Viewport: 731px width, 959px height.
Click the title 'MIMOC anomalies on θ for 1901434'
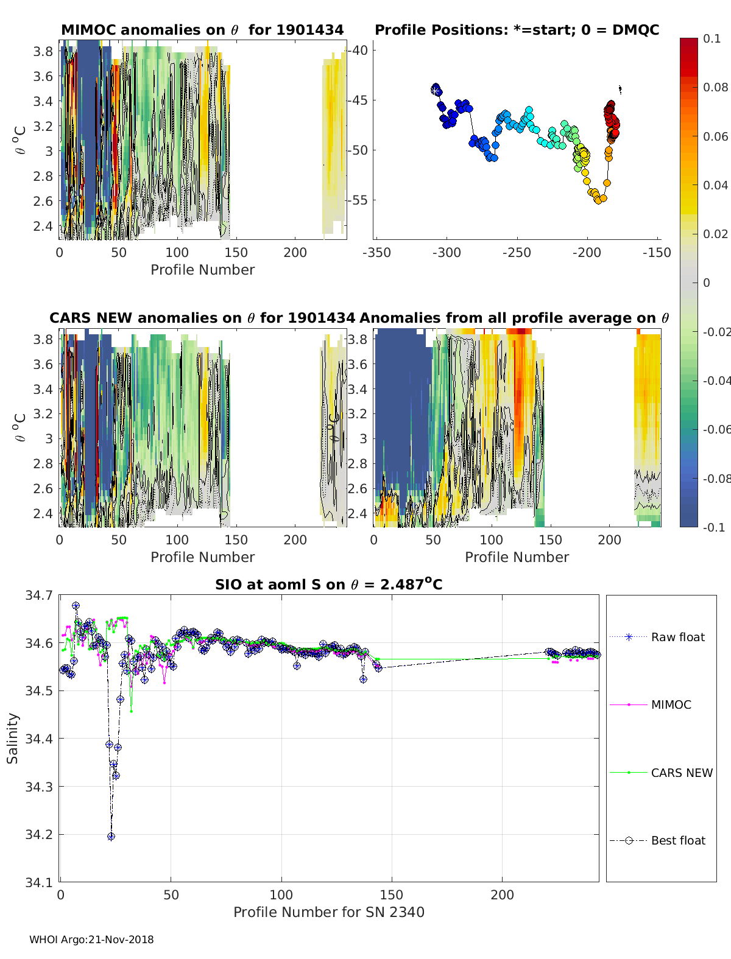click(202, 30)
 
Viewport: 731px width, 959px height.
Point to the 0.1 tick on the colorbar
click(712, 38)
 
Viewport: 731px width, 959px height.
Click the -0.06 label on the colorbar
click(715, 429)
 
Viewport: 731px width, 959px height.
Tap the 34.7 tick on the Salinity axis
click(39, 595)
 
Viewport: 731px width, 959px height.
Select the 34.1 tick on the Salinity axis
click(39, 882)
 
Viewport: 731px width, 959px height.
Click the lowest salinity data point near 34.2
click(111, 837)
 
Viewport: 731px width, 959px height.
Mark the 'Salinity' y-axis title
click(13, 738)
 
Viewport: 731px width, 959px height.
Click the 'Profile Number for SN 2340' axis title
click(329, 912)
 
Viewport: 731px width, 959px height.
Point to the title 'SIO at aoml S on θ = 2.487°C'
click(329, 585)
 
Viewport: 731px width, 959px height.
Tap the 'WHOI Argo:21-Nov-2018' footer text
click(91, 940)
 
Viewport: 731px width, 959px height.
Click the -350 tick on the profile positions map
click(376, 253)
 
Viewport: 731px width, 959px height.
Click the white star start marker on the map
click(435, 90)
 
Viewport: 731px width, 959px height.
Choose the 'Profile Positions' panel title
click(517, 30)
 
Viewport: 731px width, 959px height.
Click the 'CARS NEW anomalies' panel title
click(202, 318)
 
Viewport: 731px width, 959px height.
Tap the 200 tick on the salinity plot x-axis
click(502, 895)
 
